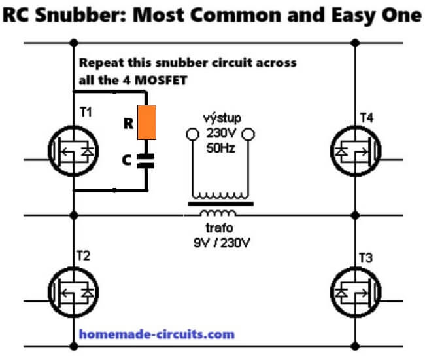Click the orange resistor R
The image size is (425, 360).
pos(146,122)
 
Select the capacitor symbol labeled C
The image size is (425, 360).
pos(146,161)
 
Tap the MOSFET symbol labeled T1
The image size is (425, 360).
pos(73,151)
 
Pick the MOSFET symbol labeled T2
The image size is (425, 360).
pos(73,292)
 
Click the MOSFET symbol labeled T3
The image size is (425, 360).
pos(356,292)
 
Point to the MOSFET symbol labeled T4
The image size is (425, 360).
pos(356,151)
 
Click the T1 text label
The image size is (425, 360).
pos(86,112)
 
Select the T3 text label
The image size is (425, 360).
pos(365,258)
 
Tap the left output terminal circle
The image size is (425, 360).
pos(193,134)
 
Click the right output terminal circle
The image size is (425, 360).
pos(248,134)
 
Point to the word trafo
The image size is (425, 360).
pos(219,228)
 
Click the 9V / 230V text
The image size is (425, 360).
pos(222,243)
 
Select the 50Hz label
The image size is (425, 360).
pos(220,148)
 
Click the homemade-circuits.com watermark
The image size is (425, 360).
pos(157,334)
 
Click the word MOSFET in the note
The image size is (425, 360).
pos(161,81)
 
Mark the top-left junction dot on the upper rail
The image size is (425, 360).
pos(74,43)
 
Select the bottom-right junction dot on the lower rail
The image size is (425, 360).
pos(355,346)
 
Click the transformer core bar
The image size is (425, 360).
pos(221,204)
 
